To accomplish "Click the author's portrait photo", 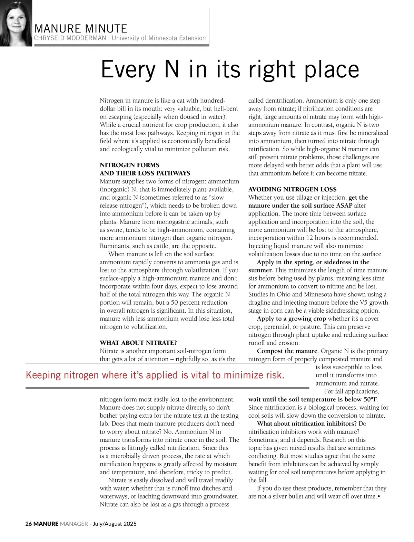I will coord(16,23).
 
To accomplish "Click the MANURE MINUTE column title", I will coord(81,28).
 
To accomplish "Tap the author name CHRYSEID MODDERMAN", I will coord(70,38).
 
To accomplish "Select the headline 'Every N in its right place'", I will coord(230,69).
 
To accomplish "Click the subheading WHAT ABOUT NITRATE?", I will coord(138,343).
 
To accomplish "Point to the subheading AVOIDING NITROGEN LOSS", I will coord(292,189).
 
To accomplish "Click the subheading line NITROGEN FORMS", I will coord(129,165).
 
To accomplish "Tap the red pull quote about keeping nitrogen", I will coord(155,375).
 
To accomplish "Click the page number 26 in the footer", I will coord(29,524).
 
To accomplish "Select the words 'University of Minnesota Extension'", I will coord(159,38).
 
